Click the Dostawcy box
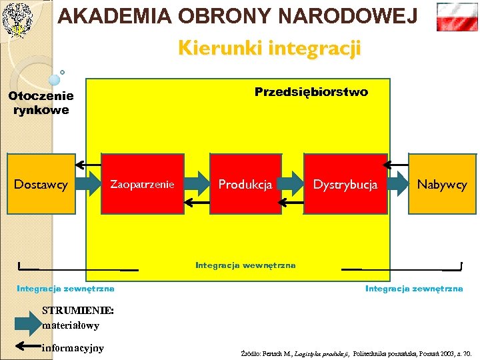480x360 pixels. [x=40, y=184]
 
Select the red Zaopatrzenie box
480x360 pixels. [x=142, y=184]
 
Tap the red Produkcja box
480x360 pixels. [x=245, y=184]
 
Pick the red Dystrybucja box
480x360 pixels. [x=345, y=184]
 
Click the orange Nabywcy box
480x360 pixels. [x=442, y=184]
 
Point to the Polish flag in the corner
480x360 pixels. [x=457, y=17]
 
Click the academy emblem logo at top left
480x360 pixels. [x=17, y=18]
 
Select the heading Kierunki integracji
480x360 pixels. [x=269, y=48]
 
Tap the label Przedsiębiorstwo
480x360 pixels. [x=311, y=92]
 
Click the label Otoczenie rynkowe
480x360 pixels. [x=41, y=103]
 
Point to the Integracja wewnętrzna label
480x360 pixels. [x=245, y=265]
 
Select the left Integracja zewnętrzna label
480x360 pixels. [x=65, y=289]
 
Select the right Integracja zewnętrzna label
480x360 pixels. [x=413, y=289]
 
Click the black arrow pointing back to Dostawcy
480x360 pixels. [x=89, y=163]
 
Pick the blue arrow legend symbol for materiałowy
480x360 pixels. [x=27, y=325]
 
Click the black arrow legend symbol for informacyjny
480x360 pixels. [x=27, y=347]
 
